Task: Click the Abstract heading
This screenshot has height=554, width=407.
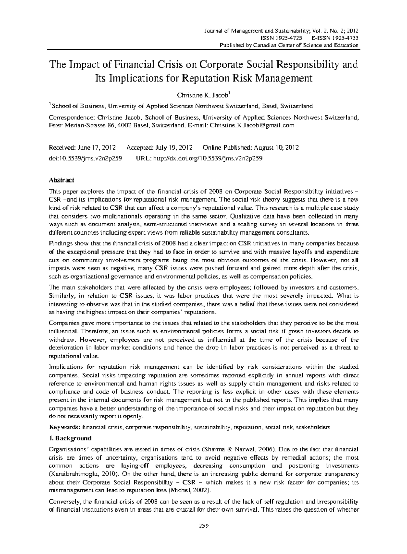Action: tap(61, 180)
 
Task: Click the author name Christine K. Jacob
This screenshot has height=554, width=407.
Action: tap(202, 95)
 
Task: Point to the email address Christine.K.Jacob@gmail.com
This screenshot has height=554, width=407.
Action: tap(252, 125)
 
